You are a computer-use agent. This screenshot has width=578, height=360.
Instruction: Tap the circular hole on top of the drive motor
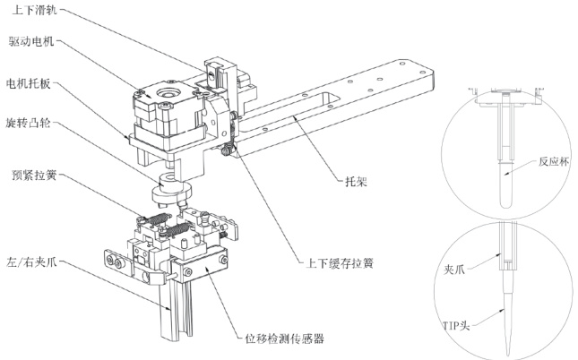[x=166, y=92]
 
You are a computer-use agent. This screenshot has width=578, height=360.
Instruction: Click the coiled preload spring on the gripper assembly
[x=157, y=220]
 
